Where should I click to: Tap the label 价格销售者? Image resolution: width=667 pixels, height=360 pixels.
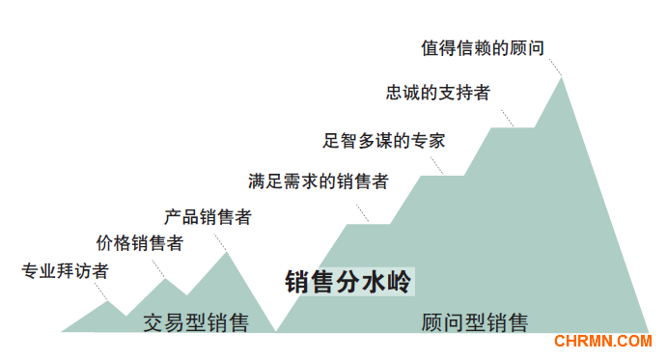tap(139, 243)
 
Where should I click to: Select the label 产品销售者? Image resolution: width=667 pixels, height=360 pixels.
tap(208, 216)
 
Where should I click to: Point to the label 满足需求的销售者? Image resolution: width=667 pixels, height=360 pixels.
tap(318, 180)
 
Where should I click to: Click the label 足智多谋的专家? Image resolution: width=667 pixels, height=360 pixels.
tap(384, 140)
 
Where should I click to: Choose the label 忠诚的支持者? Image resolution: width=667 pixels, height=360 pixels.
tap(437, 93)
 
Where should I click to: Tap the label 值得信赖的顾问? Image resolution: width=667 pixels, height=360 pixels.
tap(488, 46)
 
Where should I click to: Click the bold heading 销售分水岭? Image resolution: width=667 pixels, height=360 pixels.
tap(348, 283)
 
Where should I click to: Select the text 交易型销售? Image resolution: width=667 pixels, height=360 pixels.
tap(196, 322)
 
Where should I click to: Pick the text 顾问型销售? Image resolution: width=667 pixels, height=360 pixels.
tap(475, 322)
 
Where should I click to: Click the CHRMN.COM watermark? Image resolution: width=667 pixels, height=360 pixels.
tap(603, 341)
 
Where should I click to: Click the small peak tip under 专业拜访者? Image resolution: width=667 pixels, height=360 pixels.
tap(107, 301)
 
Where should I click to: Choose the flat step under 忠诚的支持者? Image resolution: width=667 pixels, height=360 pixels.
tap(512, 127)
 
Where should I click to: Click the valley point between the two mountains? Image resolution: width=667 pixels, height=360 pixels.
tap(275, 331)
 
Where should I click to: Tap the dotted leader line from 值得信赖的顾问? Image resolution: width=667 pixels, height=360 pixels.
tap(554, 65)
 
